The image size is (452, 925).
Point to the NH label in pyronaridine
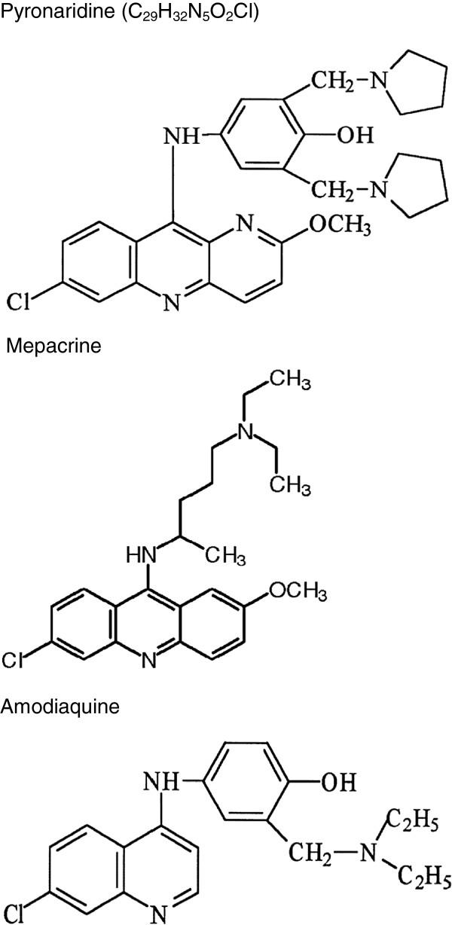[181, 137]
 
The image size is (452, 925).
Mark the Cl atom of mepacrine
[15, 661]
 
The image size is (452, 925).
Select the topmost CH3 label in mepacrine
[290, 380]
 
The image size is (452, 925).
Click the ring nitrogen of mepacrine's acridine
[148, 661]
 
